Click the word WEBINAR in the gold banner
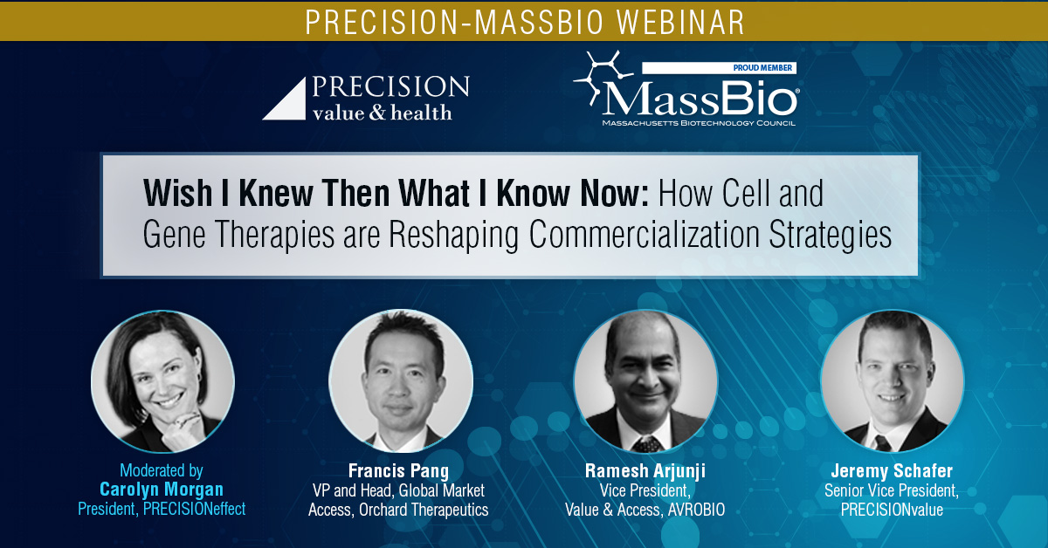(680, 22)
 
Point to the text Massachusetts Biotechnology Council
(699, 123)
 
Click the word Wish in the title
(178, 193)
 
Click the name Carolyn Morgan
(162, 490)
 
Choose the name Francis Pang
(398, 471)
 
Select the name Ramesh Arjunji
(645, 471)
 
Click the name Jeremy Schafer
(892, 471)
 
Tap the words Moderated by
(162, 470)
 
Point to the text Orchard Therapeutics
(424, 510)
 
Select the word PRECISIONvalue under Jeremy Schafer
(892, 510)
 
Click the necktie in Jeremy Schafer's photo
(882, 442)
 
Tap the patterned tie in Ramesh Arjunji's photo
(647, 444)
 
